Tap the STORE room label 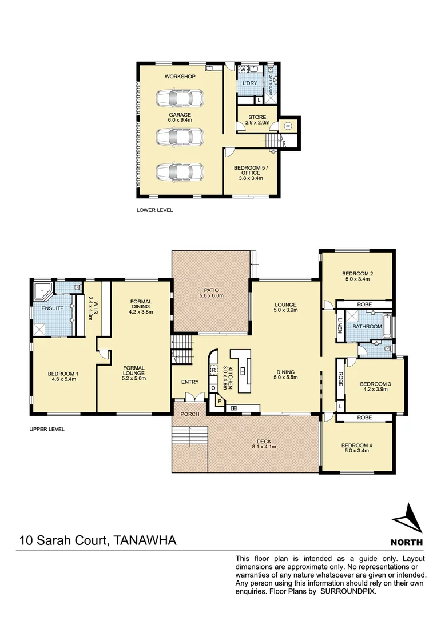(257, 117)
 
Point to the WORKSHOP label (180, 77)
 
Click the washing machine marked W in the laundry (242, 70)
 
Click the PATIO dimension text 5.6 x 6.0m (210, 295)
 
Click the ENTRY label (189, 382)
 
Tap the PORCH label (189, 414)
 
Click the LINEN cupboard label (339, 326)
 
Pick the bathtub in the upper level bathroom (388, 326)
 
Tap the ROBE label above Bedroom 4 (364, 418)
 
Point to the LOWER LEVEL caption (154, 210)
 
